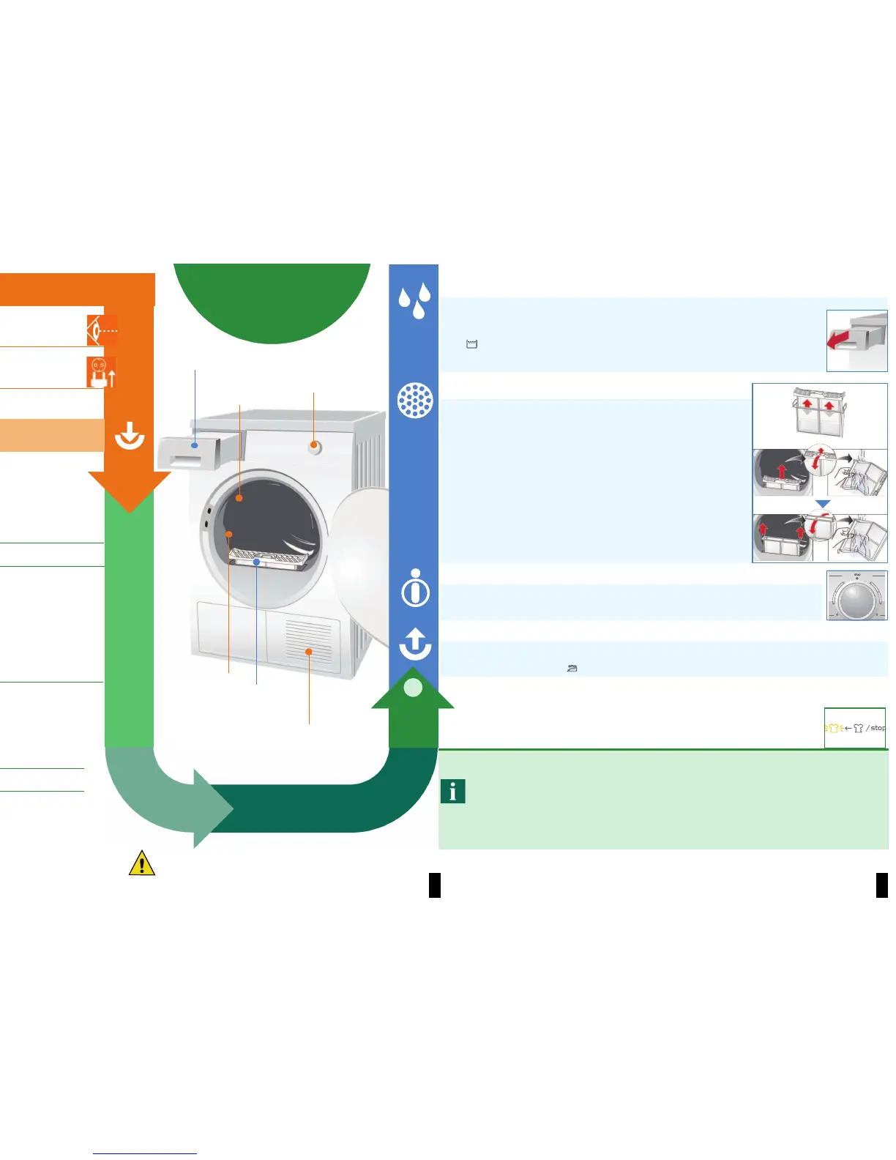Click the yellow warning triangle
pos(141,863)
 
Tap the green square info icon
pos(453,791)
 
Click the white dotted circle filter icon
pos(414,401)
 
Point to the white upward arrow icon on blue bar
pos(415,643)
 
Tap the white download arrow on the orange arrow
pos(130,436)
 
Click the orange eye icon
pos(102,330)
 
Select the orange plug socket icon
pos(101,372)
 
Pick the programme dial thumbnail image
pos(856,595)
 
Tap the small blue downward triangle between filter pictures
pos(823,505)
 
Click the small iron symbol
pos(572,668)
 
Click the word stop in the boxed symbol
pos(877,728)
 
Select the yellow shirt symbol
pos(833,728)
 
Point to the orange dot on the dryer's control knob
pos(313,445)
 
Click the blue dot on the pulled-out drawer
pos(195,445)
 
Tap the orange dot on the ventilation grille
pos(309,651)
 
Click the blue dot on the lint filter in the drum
pos(256,562)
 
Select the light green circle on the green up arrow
pos(413,688)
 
